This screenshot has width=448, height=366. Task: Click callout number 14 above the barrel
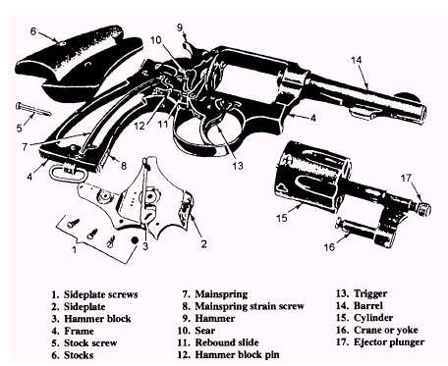(356, 60)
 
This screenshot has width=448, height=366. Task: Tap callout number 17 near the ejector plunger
(406, 178)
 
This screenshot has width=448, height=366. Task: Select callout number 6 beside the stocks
(33, 31)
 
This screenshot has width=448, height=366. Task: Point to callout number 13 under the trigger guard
(238, 166)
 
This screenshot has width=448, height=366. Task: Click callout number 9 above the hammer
(180, 27)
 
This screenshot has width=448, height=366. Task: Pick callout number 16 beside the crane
(329, 246)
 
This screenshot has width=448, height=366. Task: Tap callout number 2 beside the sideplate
(203, 244)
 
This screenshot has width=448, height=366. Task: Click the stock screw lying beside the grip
(33, 109)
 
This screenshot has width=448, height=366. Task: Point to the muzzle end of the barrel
(421, 115)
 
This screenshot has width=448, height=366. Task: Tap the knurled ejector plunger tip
(424, 209)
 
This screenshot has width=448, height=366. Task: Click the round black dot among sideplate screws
(135, 240)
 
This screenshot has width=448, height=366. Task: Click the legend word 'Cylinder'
(373, 318)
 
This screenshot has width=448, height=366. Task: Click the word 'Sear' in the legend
(205, 331)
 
